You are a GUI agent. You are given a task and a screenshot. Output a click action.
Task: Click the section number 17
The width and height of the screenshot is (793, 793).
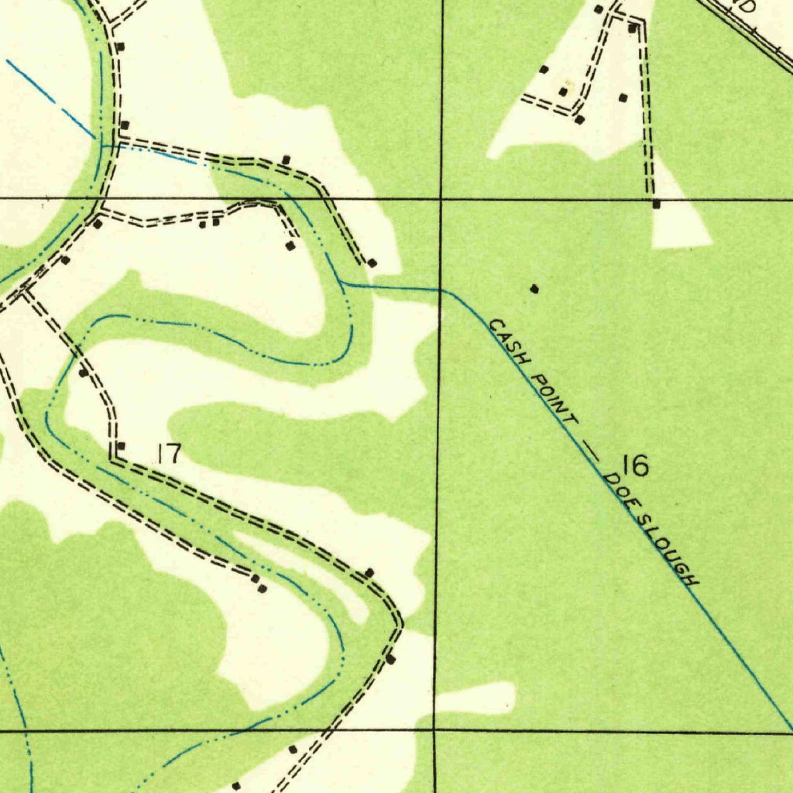pos(168,454)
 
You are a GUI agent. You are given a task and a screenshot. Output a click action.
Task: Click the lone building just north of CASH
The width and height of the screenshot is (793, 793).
pos(534,289)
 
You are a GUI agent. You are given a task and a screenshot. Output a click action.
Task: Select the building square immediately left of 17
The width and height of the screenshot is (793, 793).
pos(121,446)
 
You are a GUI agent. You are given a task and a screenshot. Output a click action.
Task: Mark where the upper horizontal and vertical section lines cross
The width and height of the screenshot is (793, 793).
pos(441,199)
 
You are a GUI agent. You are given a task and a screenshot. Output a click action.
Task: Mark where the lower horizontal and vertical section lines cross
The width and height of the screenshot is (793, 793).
pos(435,730)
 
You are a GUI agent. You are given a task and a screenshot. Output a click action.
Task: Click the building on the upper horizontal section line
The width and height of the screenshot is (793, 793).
pos(657,204)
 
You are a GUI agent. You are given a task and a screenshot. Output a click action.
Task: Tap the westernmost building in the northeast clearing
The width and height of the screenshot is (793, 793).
pos(544,70)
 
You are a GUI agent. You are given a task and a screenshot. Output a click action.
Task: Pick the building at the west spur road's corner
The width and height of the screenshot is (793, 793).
pos(579,119)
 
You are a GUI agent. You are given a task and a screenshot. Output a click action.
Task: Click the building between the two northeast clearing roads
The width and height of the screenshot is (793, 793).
pos(623,98)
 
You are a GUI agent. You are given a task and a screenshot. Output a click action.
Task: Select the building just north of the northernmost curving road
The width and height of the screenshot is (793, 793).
pos(286,160)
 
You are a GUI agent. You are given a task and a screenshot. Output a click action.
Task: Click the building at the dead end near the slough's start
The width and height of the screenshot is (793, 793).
pos(372,263)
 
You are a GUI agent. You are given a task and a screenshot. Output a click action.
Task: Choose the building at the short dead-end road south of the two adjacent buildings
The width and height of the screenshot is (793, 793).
pos(290,245)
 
